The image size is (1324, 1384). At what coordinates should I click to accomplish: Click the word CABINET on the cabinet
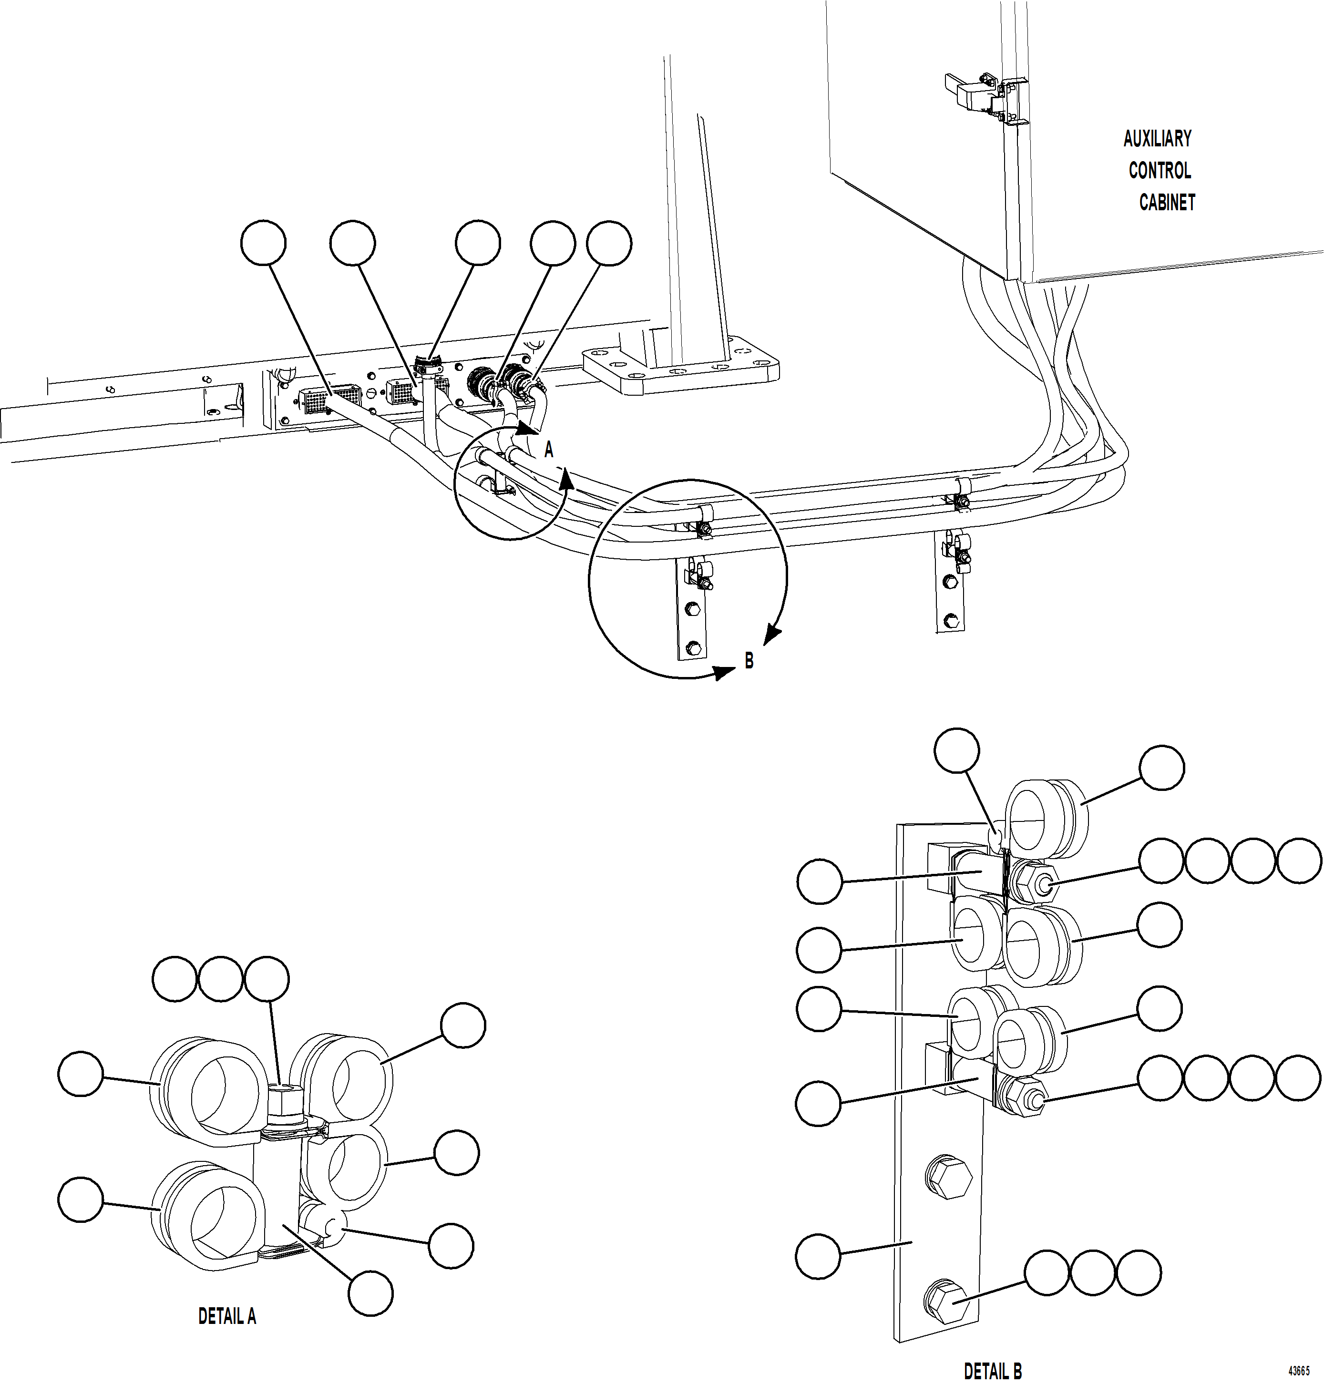tap(1167, 203)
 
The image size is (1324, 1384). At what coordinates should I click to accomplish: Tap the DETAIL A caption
tap(226, 1315)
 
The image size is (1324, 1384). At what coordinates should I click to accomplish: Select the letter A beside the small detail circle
tap(548, 450)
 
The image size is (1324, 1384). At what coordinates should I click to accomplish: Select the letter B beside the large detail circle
tap(749, 660)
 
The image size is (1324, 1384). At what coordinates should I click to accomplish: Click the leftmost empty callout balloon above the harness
tap(263, 244)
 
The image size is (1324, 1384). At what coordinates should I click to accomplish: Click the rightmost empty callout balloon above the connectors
tap(609, 244)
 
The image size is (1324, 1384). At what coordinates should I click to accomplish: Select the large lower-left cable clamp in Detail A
tap(205, 1212)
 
